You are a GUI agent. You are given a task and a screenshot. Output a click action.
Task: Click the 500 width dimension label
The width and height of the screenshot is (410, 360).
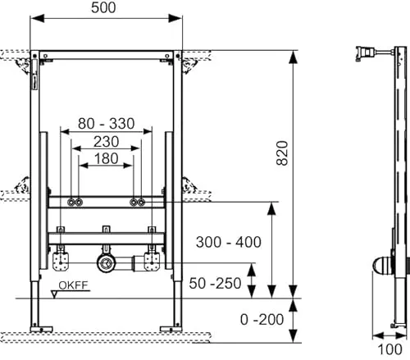[x=103, y=7]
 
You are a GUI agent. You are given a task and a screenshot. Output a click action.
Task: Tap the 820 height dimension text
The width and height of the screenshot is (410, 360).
[x=282, y=153]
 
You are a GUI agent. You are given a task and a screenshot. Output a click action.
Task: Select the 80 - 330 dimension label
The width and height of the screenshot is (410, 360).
[x=106, y=123]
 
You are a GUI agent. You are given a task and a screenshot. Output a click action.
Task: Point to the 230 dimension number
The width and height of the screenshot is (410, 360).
[x=106, y=142]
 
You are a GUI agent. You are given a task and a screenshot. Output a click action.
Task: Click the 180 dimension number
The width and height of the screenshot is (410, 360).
[x=106, y=158]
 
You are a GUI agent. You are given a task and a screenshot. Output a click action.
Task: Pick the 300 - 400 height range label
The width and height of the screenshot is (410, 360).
[x=229, y=242]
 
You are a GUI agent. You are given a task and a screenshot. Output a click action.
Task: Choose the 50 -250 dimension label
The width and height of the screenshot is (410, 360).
[x=215, y=283]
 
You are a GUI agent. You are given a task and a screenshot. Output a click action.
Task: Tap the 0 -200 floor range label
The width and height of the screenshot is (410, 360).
[x=262, y=319]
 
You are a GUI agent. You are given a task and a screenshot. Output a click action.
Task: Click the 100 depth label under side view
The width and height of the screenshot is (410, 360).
[x=389, y=349]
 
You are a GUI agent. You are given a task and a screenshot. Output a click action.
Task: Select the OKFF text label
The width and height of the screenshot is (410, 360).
[x=73, y=285]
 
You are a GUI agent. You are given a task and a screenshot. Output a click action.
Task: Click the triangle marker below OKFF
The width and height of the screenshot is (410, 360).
[x=54, y=294]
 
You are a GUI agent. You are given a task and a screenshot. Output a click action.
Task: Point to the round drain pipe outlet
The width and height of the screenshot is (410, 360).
[x=106, y=263]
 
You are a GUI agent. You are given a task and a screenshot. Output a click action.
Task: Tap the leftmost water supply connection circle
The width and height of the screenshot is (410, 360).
[x=71, y=203]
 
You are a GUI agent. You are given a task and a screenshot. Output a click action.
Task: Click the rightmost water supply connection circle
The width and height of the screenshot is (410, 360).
[x=141, y=203]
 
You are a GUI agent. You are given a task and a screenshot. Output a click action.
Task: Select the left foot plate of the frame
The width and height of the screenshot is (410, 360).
[x=41, y=329]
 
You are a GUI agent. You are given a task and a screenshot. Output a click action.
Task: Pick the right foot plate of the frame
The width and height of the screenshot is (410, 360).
[x=171, y=329]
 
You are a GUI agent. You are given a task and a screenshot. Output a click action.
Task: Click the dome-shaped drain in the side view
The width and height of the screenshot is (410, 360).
[x=382, y=265]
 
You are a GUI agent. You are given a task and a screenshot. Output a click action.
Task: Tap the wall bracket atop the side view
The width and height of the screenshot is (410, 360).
[x=366, y=53]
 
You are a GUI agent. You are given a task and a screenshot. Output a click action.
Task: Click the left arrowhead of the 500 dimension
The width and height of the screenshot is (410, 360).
[x=37, y=19]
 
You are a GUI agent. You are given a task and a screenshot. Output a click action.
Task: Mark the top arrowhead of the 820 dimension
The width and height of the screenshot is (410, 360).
[x=293, y=57]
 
